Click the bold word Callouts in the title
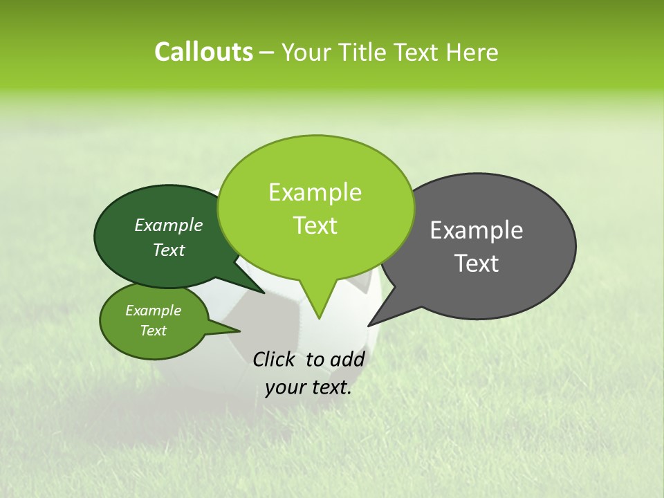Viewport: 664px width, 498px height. pyautogui.click(x=203, y=52)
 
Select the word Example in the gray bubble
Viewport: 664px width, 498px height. pyautogui.click(x=476, y=230)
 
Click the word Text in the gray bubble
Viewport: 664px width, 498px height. pyautogui.click(x=476, y=264)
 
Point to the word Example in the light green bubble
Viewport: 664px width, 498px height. pyautogui.click(x=315, y=192)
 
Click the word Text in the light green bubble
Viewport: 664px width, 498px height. pyautogui.click(x=315, y=225)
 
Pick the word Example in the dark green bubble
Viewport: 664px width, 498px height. pyautogui.click(x=168, y=225)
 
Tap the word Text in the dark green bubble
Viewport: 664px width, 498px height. pyautogui.click(x=168, y=250)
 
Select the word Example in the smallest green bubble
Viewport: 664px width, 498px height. pyautogui.click(x=153, y=311)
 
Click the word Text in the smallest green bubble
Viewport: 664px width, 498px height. pyautogui.click(x=153, y=331)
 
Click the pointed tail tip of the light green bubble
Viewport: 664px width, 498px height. pyautogui.click(x=319, y=319)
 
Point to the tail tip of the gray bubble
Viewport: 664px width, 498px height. pyautogui.click(x=368, y=326)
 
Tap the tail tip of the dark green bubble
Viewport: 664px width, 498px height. pyautogui.click(x=264, y=293)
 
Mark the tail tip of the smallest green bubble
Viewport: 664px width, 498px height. pyautogui.click(x=240, y=331)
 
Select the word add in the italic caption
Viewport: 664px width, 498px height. pyautogui.click(x=347, y=359)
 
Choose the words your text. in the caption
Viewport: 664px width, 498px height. pyautogui.click(x=308, y=388)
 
